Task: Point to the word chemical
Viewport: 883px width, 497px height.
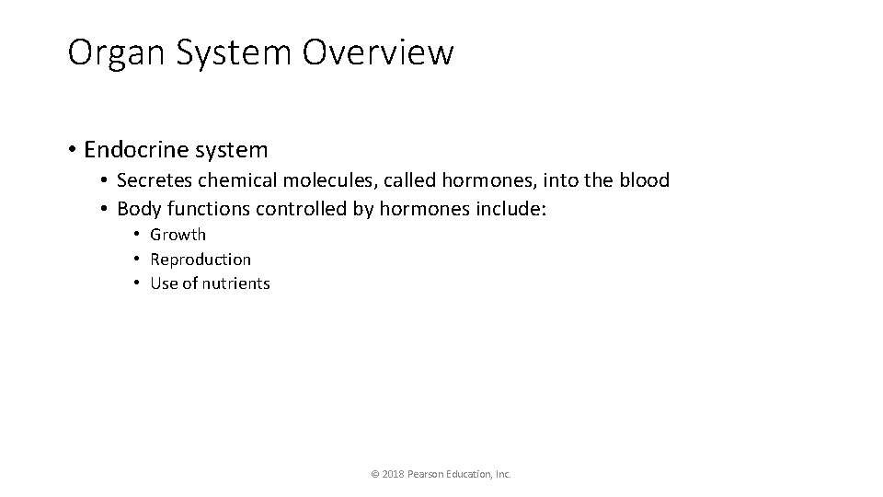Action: (x=234, y=180)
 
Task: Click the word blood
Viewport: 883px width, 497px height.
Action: (x=644, y=180)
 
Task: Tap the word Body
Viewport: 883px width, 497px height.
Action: (x=137, y=209)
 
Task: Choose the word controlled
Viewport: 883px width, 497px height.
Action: (x=302, y=209)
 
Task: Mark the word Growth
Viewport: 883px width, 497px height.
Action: (x=178, y=235)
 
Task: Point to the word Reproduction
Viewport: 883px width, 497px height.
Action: (x=201, y=260)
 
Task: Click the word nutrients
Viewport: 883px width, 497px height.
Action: (x=238, y=283)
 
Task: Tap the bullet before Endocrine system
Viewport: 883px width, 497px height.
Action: (x=72, y=149)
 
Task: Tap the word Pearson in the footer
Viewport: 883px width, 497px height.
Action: (x=430, y=474)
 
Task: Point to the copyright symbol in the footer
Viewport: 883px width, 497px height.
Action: (x=374, y=474)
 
